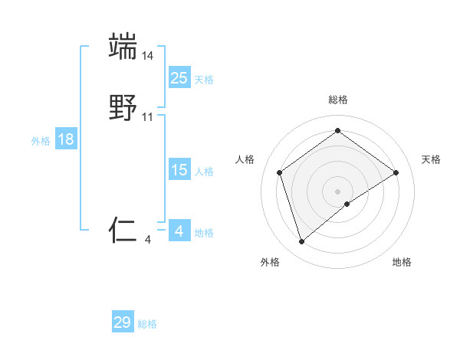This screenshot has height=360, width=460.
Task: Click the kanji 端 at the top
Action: (123, 46)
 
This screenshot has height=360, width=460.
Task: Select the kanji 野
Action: (123, 109)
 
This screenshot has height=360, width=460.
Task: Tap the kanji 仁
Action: (123, 229)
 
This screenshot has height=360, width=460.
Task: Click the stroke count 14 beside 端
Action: (148, 55)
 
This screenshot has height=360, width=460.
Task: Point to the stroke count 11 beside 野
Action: (148, 117)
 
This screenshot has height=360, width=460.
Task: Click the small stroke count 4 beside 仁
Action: (148, 240)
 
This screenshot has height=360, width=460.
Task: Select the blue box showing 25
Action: (179, 78)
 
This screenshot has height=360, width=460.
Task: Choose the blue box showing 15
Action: (179, 170)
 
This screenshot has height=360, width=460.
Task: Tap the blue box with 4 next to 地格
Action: (179, 231)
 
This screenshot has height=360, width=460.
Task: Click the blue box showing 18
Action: (66, 139)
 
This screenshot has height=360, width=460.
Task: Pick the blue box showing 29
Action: (123, 322)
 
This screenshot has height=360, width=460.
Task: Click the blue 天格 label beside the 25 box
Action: (204, 80)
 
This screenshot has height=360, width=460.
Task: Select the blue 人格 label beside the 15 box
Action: (204, 172)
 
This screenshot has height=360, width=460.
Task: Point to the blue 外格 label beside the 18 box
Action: (41, 141)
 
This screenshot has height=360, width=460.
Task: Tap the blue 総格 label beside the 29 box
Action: (148, 324)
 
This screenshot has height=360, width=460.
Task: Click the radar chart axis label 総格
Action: (338, 100)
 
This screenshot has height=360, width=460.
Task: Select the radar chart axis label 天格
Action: (432, 159)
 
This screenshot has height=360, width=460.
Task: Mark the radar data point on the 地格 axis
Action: (347, 204)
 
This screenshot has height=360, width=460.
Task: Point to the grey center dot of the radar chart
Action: (338, 191)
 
